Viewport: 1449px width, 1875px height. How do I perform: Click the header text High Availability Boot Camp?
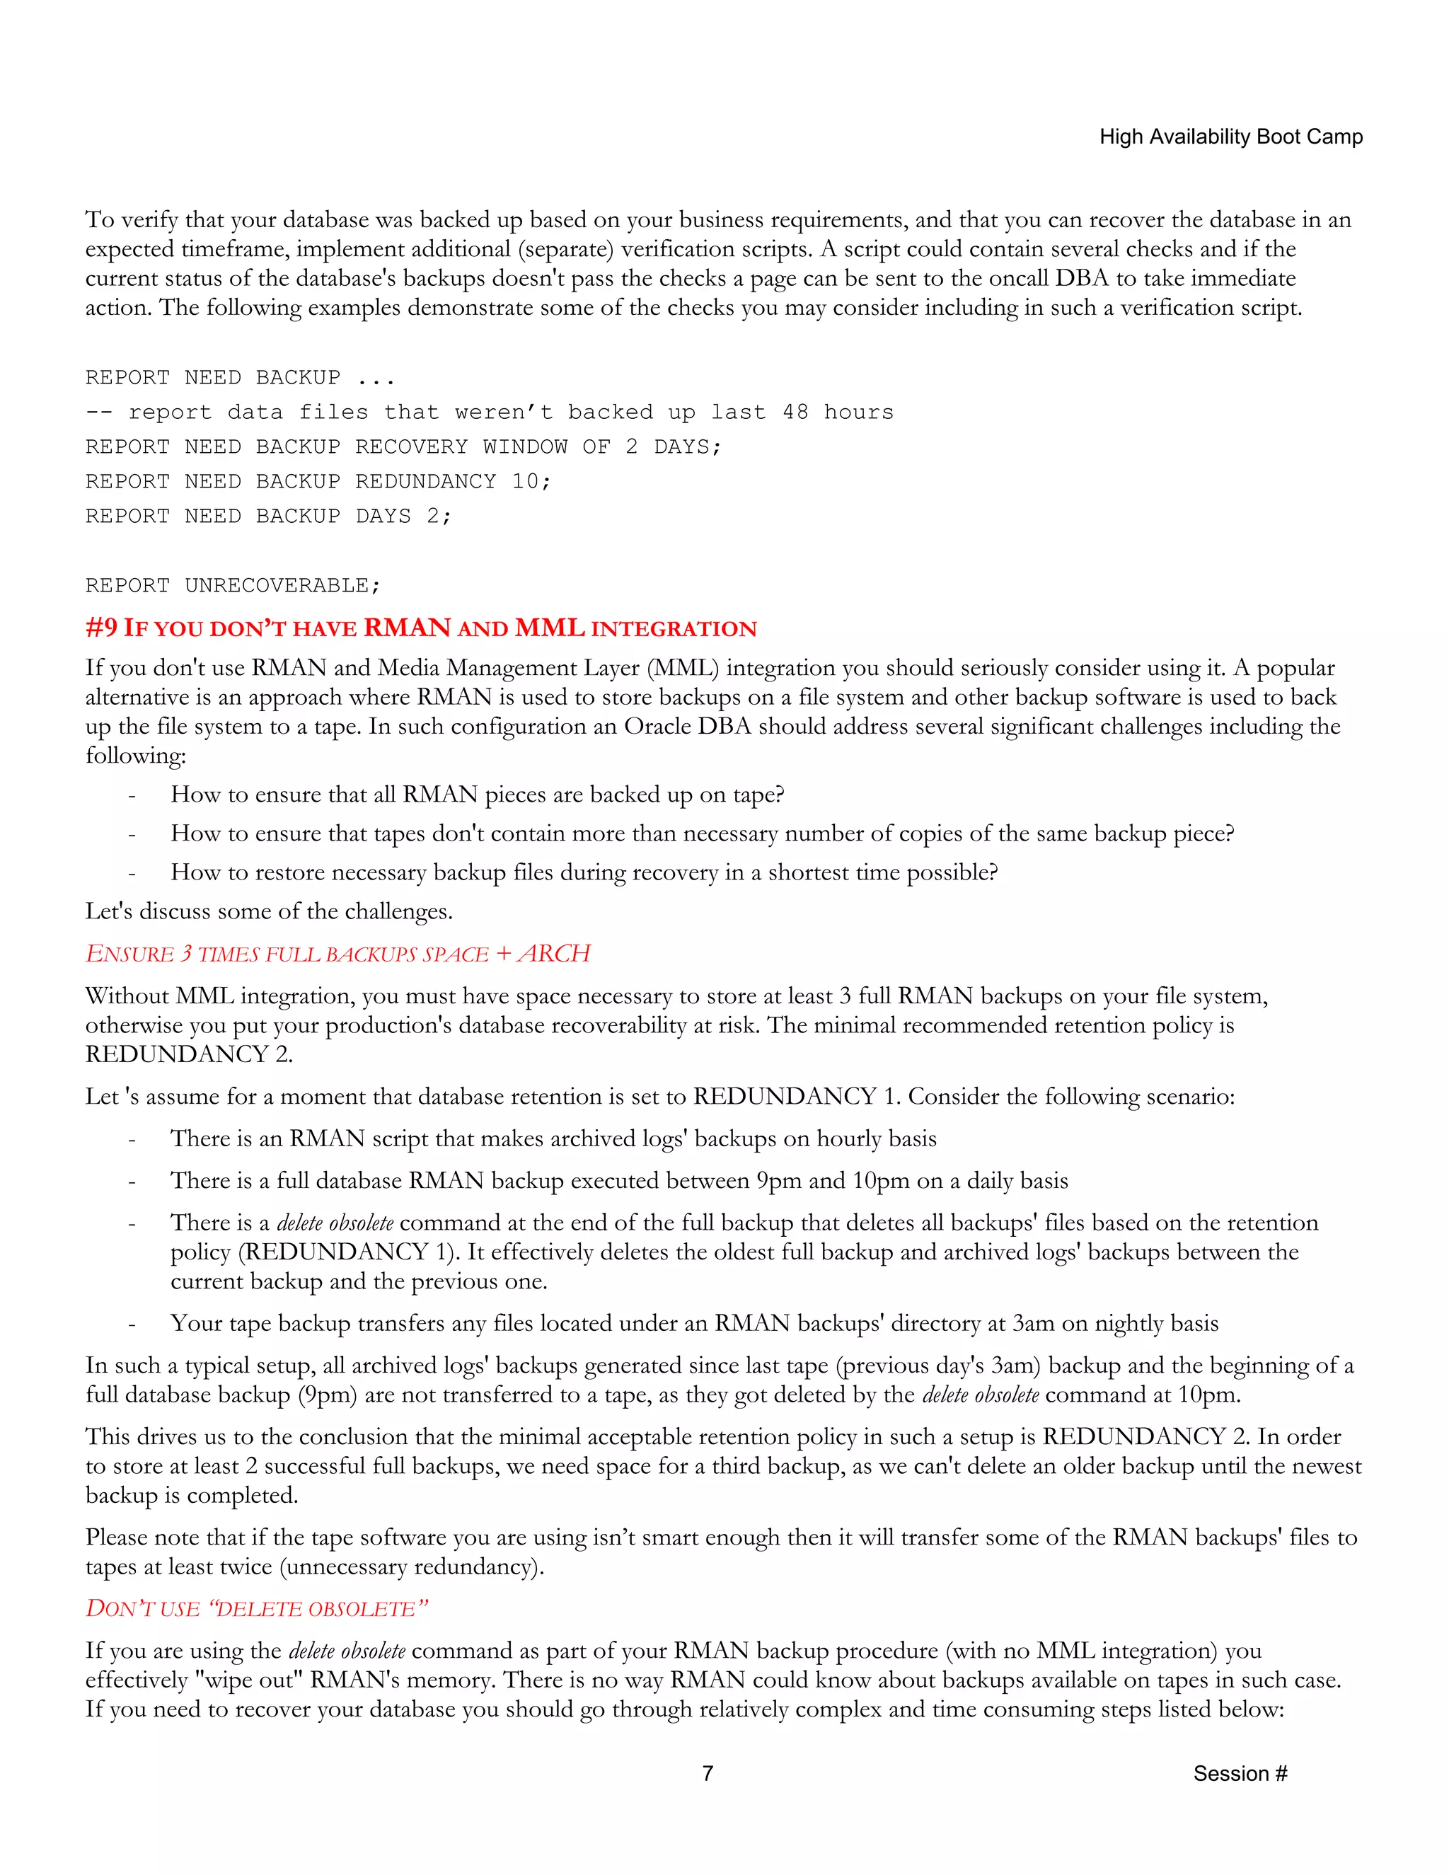1230,137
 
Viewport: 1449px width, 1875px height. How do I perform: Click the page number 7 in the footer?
708,1773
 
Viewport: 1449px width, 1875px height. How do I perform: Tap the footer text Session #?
1240,1773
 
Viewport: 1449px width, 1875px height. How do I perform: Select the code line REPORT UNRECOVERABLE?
233,586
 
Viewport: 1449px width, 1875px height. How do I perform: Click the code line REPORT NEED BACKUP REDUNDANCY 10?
318,482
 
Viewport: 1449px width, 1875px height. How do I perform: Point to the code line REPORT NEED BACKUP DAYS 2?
268,516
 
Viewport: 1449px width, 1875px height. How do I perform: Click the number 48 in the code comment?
795,412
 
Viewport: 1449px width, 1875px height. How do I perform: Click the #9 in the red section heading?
101,628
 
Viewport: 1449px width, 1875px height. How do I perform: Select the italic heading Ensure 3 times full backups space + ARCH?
337,954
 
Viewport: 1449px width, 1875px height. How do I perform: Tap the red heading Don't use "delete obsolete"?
256,1608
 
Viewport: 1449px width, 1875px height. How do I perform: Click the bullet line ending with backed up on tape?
478,794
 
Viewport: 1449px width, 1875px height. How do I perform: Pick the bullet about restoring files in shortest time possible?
584,872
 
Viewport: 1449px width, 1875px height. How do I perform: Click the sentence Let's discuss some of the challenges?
269,911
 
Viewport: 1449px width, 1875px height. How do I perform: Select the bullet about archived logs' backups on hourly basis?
553,1138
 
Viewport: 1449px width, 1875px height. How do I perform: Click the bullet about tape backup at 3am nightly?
693,1323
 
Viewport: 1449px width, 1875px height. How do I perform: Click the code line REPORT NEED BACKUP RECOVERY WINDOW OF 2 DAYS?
403,446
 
